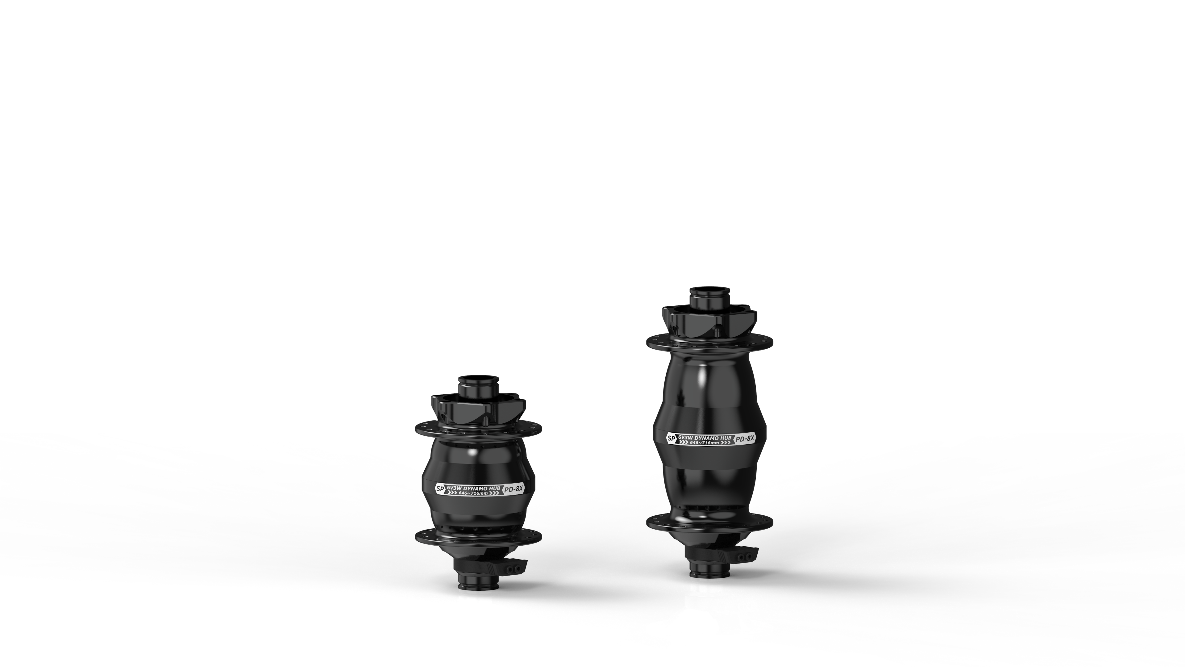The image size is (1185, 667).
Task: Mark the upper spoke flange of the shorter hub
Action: (478, 429)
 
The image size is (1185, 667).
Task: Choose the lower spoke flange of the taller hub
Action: (710, 523)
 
